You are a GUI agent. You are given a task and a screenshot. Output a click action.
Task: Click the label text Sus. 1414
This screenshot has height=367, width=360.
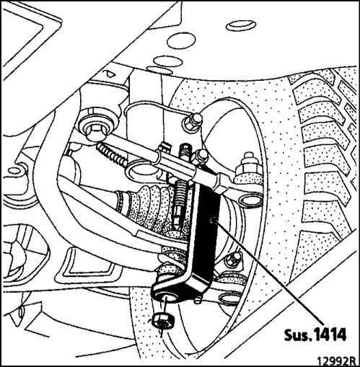[x=315, y=335]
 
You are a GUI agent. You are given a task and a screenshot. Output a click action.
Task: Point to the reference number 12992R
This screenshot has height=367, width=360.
[x=335, y=361]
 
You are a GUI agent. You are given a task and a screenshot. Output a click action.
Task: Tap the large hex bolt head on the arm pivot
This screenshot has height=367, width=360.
[x=95, y=133]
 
